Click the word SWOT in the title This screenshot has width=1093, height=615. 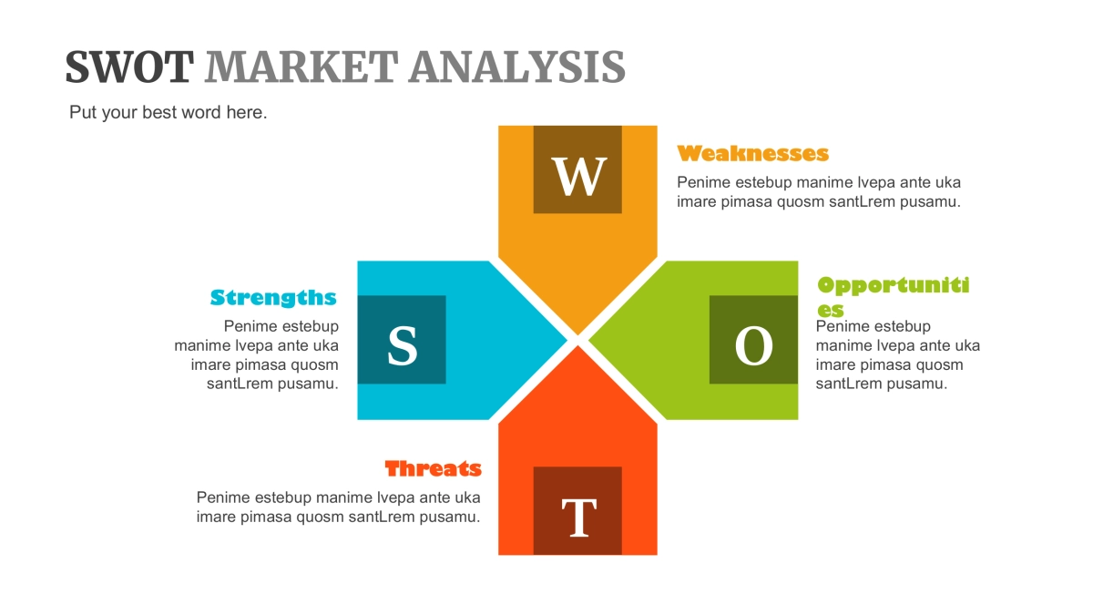tap(129, 67)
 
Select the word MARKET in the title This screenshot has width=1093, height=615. tap(301, 67)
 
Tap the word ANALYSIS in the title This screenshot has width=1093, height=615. tap(517, 67)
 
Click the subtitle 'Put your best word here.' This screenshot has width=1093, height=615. tap(169, 112)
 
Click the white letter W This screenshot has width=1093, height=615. tap(579, 176)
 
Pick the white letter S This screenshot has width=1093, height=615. tap(403, 345)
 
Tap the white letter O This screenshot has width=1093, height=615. tap(754, 345)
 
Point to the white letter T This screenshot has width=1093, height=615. tap(579, 518)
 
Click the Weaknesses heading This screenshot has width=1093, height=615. tap(753, 153)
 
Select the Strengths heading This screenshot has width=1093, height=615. tap(273, 297)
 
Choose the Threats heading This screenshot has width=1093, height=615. tap(434, 468)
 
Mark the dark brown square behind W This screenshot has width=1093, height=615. tap(577, 169)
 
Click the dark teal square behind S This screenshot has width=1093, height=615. tap(402, 340)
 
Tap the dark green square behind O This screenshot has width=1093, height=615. tap(754, 340)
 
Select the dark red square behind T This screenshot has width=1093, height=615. tap(577, 510)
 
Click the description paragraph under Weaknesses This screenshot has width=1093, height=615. tap(819, 192)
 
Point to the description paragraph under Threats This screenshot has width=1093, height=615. tap(339, 507)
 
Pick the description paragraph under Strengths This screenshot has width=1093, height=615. tap(257, 354)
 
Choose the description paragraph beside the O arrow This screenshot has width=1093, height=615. tap(898, 354)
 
